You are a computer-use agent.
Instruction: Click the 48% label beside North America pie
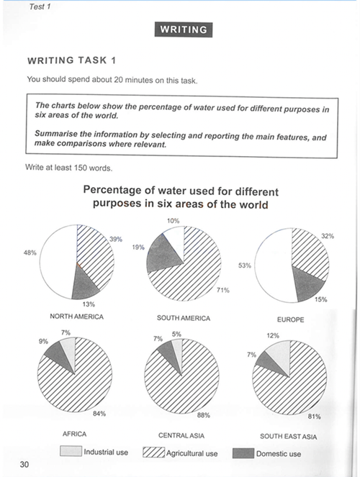click(x=30, y=253)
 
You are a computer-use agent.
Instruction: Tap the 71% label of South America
click(x=223, y=290)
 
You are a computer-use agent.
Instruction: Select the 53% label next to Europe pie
click(x=245, y=265)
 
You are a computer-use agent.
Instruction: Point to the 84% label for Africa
click(x=99, y=414)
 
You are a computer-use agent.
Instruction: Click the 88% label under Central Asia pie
click(x=204, y=415)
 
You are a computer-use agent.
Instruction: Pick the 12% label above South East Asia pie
click(x=273, y=335)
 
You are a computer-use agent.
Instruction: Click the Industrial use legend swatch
click(x=71, y=451)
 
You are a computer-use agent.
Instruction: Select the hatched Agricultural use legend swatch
click(x=154, y=453)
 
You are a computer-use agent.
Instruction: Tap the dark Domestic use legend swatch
click(x=243, y=453)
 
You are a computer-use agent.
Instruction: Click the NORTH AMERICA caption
click(x=77, y=317)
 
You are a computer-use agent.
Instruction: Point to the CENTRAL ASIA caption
click(x=181, y=435)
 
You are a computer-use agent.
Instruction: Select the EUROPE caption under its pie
click(x=290, y=319)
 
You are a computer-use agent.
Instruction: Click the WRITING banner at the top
click(x=184, y=29)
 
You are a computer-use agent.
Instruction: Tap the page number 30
click(x=24, y=464)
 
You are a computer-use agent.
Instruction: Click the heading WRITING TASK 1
click(x=72, y=60)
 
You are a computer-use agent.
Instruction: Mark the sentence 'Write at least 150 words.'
click(x=69, y=168)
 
